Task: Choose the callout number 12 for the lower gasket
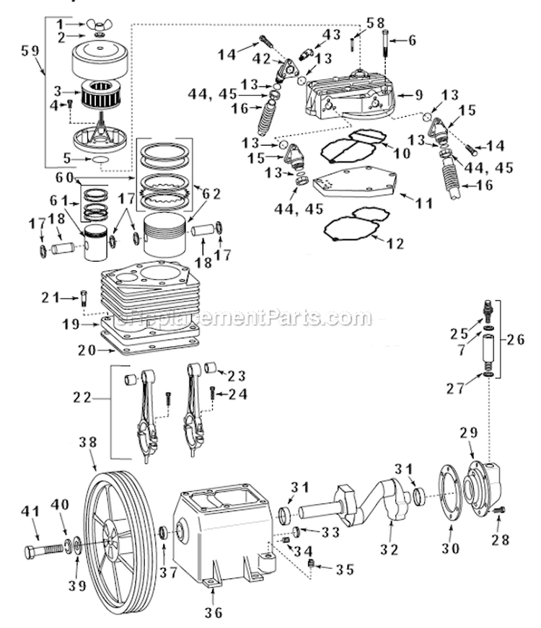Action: point(395,244)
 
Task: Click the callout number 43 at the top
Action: point(331,34)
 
